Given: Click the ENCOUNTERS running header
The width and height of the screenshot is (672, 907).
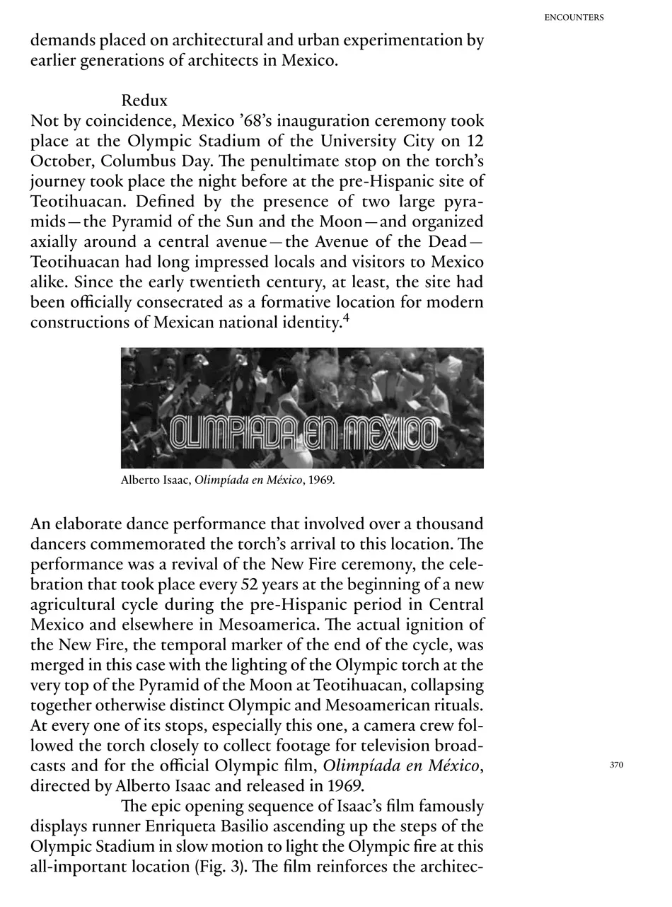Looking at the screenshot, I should coord(574,18).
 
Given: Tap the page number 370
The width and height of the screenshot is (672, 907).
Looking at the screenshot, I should coord(616,765).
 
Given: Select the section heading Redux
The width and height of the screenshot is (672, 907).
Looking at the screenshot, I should coord(144,100).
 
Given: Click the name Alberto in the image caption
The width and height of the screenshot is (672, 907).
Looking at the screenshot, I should coord(142,480).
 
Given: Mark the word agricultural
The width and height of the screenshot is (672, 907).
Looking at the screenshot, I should coord(74,606).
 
